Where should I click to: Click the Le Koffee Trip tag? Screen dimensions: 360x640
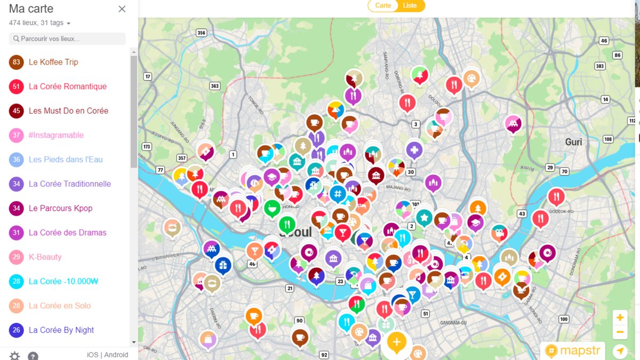click(x=53, y=62)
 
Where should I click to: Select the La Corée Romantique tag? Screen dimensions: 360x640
click(x=68, y=86)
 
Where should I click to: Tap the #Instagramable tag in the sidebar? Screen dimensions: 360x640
click(x=56, y=135)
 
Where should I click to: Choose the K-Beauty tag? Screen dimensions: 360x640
click(x=45, y=257)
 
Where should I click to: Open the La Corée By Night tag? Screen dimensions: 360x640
click(x=61, y=330)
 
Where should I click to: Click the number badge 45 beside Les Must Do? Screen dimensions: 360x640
click(x=17, y=111)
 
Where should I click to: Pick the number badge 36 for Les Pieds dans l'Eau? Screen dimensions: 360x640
click(x=17, y=159)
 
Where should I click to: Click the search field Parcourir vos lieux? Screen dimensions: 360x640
click(x=68, y=39)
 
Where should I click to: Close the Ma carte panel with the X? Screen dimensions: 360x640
click(x=122, y=9)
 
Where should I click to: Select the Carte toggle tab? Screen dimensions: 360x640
click(x=383, y=5)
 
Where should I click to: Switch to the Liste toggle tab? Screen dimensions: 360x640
click(x=410, y=5)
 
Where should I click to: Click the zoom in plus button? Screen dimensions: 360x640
click(x=620, y=318)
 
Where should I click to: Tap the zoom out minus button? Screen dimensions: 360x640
click(x=620, y=332)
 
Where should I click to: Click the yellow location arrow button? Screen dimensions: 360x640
click(x=620, y=351)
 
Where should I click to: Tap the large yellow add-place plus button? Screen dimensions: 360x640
click(x=396, y=342)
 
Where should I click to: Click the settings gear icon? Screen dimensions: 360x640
click(x=14, y=356)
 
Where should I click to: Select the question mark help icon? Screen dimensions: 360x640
click(x=33, y=356)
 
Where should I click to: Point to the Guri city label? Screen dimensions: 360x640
click(x=574, y=142)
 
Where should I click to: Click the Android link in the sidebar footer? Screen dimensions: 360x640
click(x=116, y=355)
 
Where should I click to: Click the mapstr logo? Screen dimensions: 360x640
click(x=573, y=351)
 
